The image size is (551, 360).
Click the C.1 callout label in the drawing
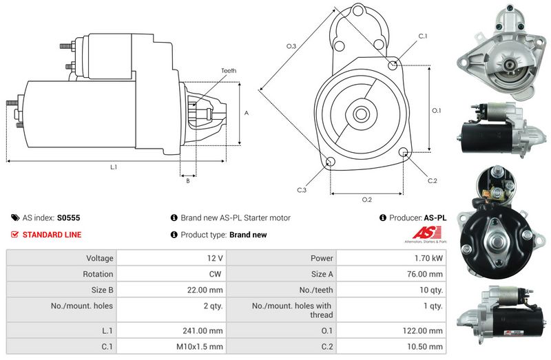click(x=423, y=36)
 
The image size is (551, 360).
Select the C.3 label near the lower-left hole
click(x=302, y=190)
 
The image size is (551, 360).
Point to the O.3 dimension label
click(x=291, y=46)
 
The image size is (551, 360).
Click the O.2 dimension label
click(x=367, y=200)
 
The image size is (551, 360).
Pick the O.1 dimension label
click(x=436, y=110)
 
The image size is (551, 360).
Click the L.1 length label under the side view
click(x=114, y=167)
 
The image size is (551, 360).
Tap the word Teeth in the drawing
click(x=229, y=71)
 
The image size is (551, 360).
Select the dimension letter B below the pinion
click(x=187, y=181)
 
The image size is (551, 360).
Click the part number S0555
click(x=69, y=218)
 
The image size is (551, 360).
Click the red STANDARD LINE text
click(x=52, y=235)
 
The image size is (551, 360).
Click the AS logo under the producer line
click(x=420, y=235)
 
